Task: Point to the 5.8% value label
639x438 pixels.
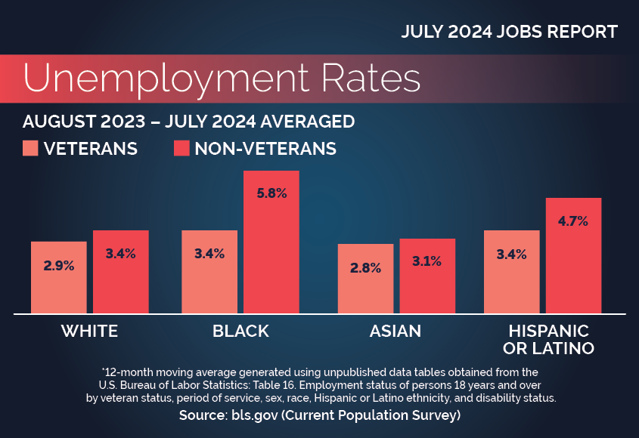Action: [x=271, y=193]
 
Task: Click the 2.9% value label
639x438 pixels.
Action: [x=59, y=267]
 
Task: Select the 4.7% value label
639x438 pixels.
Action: [x=573, y=221]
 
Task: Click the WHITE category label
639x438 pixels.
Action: [x=89, y=331]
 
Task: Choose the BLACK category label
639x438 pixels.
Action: [x=240, y=331]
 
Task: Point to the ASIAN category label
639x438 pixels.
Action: [x=395, y=331]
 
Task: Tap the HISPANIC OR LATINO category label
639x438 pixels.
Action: [x=549, y=340]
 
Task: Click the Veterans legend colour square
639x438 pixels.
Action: [x=30, y=148]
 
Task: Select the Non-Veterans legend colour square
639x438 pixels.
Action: [x=181, y=148]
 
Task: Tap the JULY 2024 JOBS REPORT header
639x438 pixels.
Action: [x=510, y=32]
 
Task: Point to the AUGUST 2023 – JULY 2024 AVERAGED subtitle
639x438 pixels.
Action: [x=188, y=121]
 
